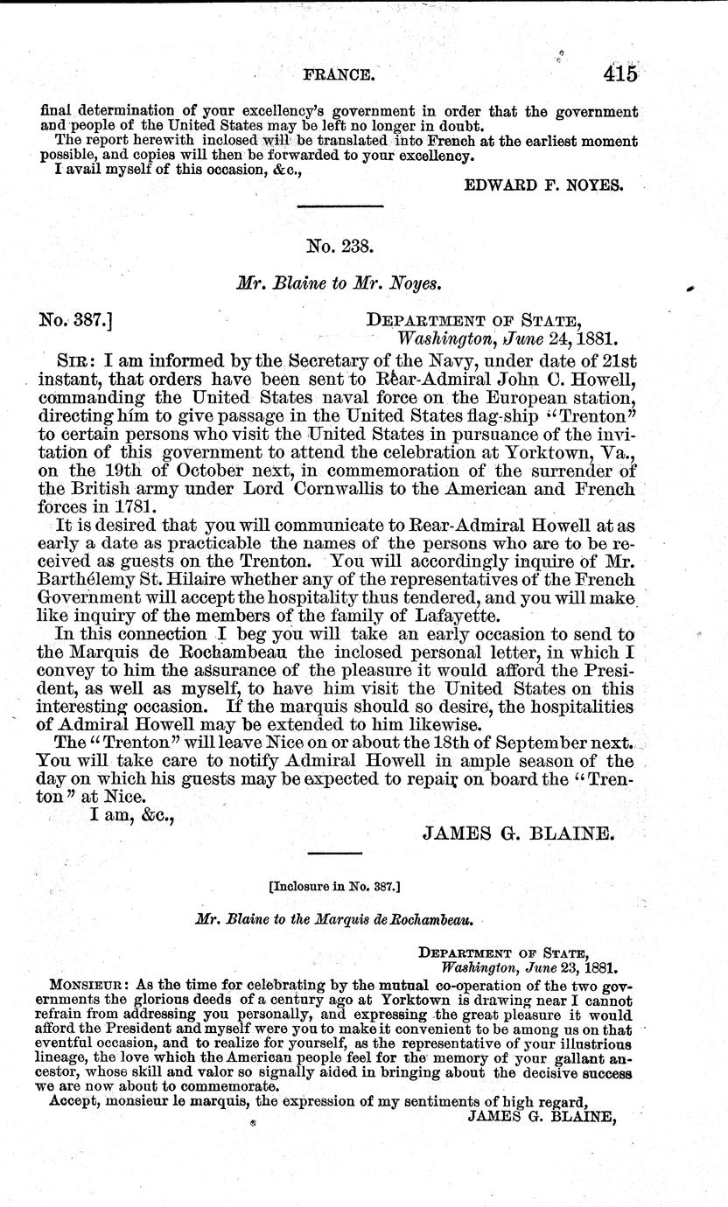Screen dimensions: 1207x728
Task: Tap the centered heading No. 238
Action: point(340,247)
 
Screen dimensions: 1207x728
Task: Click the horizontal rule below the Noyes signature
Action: point(340,206)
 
